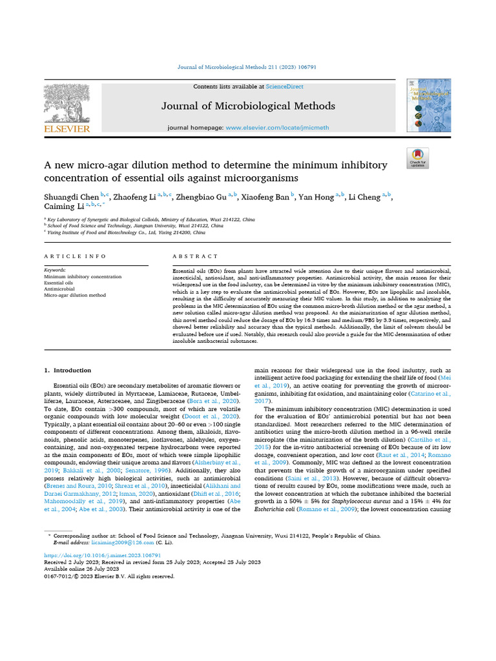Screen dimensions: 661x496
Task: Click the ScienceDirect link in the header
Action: [284, 86]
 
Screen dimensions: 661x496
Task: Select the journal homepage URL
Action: [268, 128]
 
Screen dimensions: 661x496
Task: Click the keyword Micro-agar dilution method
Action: [74, 295]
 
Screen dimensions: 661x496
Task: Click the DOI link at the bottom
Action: [102, 555]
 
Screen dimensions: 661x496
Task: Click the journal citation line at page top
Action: [247, 67]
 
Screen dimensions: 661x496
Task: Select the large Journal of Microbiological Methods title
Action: [248, 106]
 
